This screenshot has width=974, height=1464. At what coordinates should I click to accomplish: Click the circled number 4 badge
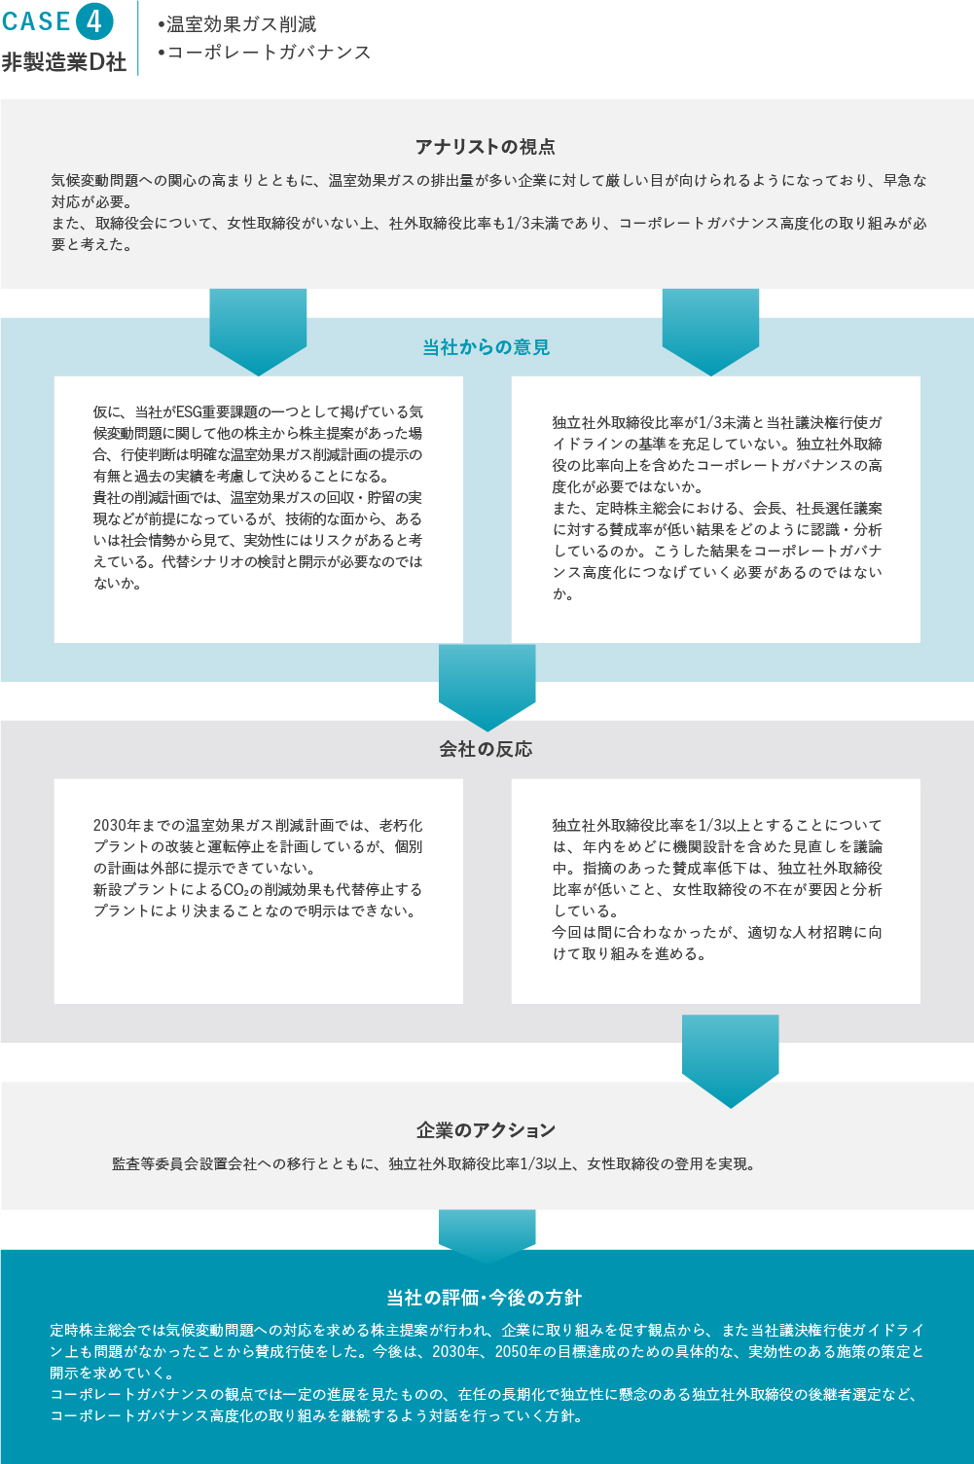[94, 21]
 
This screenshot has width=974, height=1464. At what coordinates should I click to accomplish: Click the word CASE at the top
[37, 21]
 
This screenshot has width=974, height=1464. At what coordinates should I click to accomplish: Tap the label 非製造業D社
[64, 62]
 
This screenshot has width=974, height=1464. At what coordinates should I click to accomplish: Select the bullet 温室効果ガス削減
[236, 24]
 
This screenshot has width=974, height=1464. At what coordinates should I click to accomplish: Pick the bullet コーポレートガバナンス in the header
[264, 53]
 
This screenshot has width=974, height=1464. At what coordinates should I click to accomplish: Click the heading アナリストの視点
[486, 147]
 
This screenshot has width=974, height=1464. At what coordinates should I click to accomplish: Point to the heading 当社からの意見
[486, 347]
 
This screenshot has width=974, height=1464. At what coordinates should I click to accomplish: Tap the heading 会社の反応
[486, 749]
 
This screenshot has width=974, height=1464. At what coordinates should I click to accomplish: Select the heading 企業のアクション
[486, 1130]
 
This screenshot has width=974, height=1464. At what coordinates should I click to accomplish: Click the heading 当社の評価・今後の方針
[485, 1298]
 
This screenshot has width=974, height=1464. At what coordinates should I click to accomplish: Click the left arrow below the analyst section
[258, 332]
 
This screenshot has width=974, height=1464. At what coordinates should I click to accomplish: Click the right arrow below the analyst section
[710, 332]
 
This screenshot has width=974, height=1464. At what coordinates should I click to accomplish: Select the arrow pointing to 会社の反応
[487, 688]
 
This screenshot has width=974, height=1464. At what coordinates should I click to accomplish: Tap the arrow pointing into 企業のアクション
[730, 1061]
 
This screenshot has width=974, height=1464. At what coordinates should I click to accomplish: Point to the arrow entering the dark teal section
[487, 1236]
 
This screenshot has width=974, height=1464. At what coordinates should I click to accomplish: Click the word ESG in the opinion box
[189, 412]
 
